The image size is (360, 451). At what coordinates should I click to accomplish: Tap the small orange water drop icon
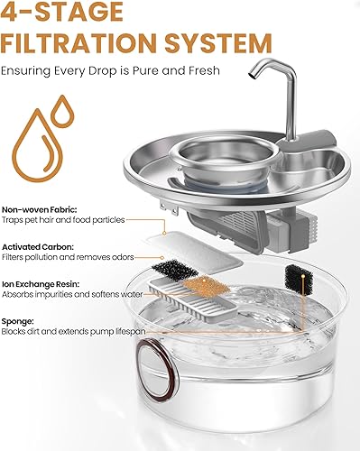point(62,114)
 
